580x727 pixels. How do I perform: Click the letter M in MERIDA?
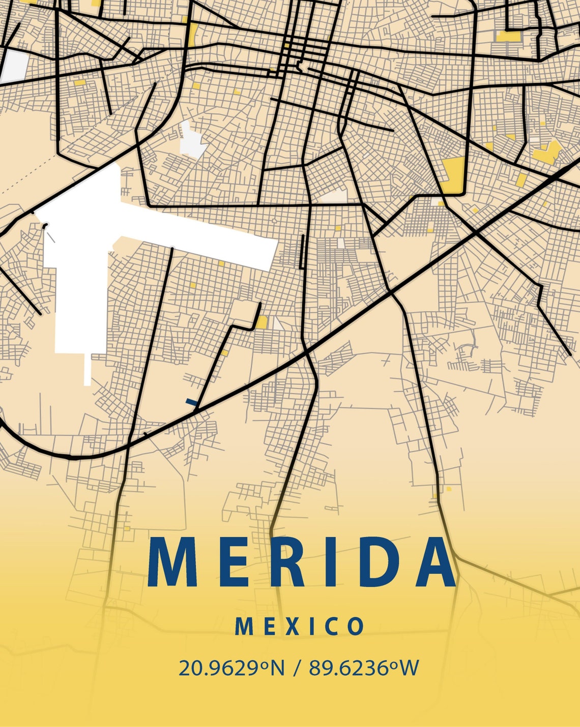(172, 562)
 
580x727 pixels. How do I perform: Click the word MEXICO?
(299, 627)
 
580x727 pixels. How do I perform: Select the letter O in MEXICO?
(356, 627)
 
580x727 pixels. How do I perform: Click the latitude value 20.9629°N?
(231, 667)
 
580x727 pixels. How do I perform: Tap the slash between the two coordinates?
(297, 667)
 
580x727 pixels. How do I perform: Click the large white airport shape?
(81, 275)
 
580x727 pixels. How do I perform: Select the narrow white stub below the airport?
(88, 369)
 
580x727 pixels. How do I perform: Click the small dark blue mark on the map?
(192, 402)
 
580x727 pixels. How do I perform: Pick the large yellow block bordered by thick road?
(452, 175)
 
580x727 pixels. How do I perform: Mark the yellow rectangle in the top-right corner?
(508, 36)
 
